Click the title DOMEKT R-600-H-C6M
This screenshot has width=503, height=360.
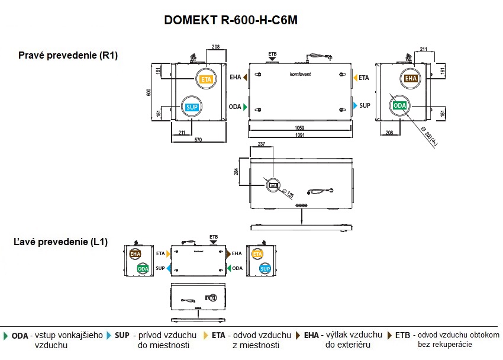[230, 20]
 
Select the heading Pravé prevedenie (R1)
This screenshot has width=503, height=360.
[69, 56]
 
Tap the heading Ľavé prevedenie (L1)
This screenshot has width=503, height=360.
[61, 242]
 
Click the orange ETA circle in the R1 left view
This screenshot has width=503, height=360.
[206, 79]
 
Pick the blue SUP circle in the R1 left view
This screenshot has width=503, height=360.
[191, 107]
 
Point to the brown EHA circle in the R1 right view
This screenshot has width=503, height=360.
[411, 78]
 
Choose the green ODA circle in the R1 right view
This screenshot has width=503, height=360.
[399, 105]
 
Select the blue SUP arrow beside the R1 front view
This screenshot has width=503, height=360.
[355, 105]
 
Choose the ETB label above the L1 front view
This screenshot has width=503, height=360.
[214, 236]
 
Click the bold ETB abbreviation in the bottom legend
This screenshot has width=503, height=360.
[402, 335]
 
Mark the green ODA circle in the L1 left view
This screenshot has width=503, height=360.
[143, 268]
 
